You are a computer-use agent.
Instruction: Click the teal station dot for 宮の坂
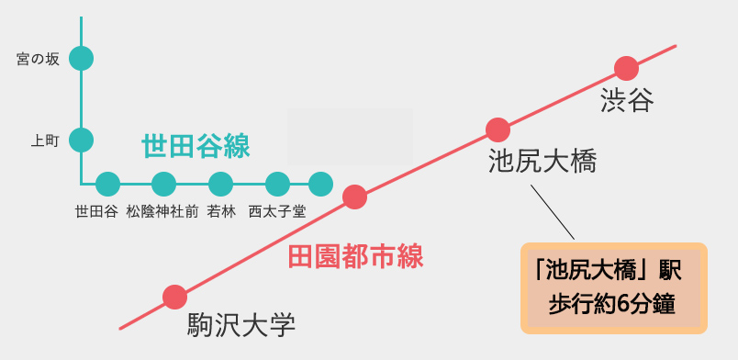pyautogui.click(x=81, y=59)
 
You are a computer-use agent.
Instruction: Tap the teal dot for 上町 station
pyautogui.click(x=81, y=140)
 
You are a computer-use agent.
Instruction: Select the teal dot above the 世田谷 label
pyautogui.click(x=107, y=184)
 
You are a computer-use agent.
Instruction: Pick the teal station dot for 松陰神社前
pyautogui.click(x=163, y=184)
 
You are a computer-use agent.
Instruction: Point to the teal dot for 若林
pyautogui.click(x=220, y=184)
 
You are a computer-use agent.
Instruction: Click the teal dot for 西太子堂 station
pyautogui.click(x=277, y=184)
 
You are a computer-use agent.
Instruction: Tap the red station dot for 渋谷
pyautogui.click(x=626, y=68)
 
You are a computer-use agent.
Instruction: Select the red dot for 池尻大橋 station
pyautogui.click(x=498, y=129)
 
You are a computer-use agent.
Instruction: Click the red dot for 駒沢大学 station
pyautogui.click(x=174, y=298)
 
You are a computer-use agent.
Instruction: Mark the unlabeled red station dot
pyautogui.click(x=354, y=197)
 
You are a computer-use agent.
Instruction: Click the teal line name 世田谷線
pyautogui.click(x=196, y=147)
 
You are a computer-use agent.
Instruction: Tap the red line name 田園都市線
pyautogui.click(x=355, y=257)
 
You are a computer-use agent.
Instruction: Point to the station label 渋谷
pyautogui.click(x=628, y=100)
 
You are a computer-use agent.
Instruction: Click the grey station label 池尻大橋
pyautogui.click(x=542, y=161)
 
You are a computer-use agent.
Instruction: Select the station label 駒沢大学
pyautogui.click(x=241, y=325)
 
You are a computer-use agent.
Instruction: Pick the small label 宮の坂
pyautogui.click(x=39, y=60)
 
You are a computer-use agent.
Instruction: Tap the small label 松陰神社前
pyautogui.click(x=162, y=212)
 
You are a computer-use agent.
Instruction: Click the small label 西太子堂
pyautogui.click(x=277, y=212)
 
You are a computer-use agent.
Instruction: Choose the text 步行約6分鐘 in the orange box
pyautogui.click(x=612, y=305)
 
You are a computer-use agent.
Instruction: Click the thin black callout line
pyautogui.click(x=553, y=212)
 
